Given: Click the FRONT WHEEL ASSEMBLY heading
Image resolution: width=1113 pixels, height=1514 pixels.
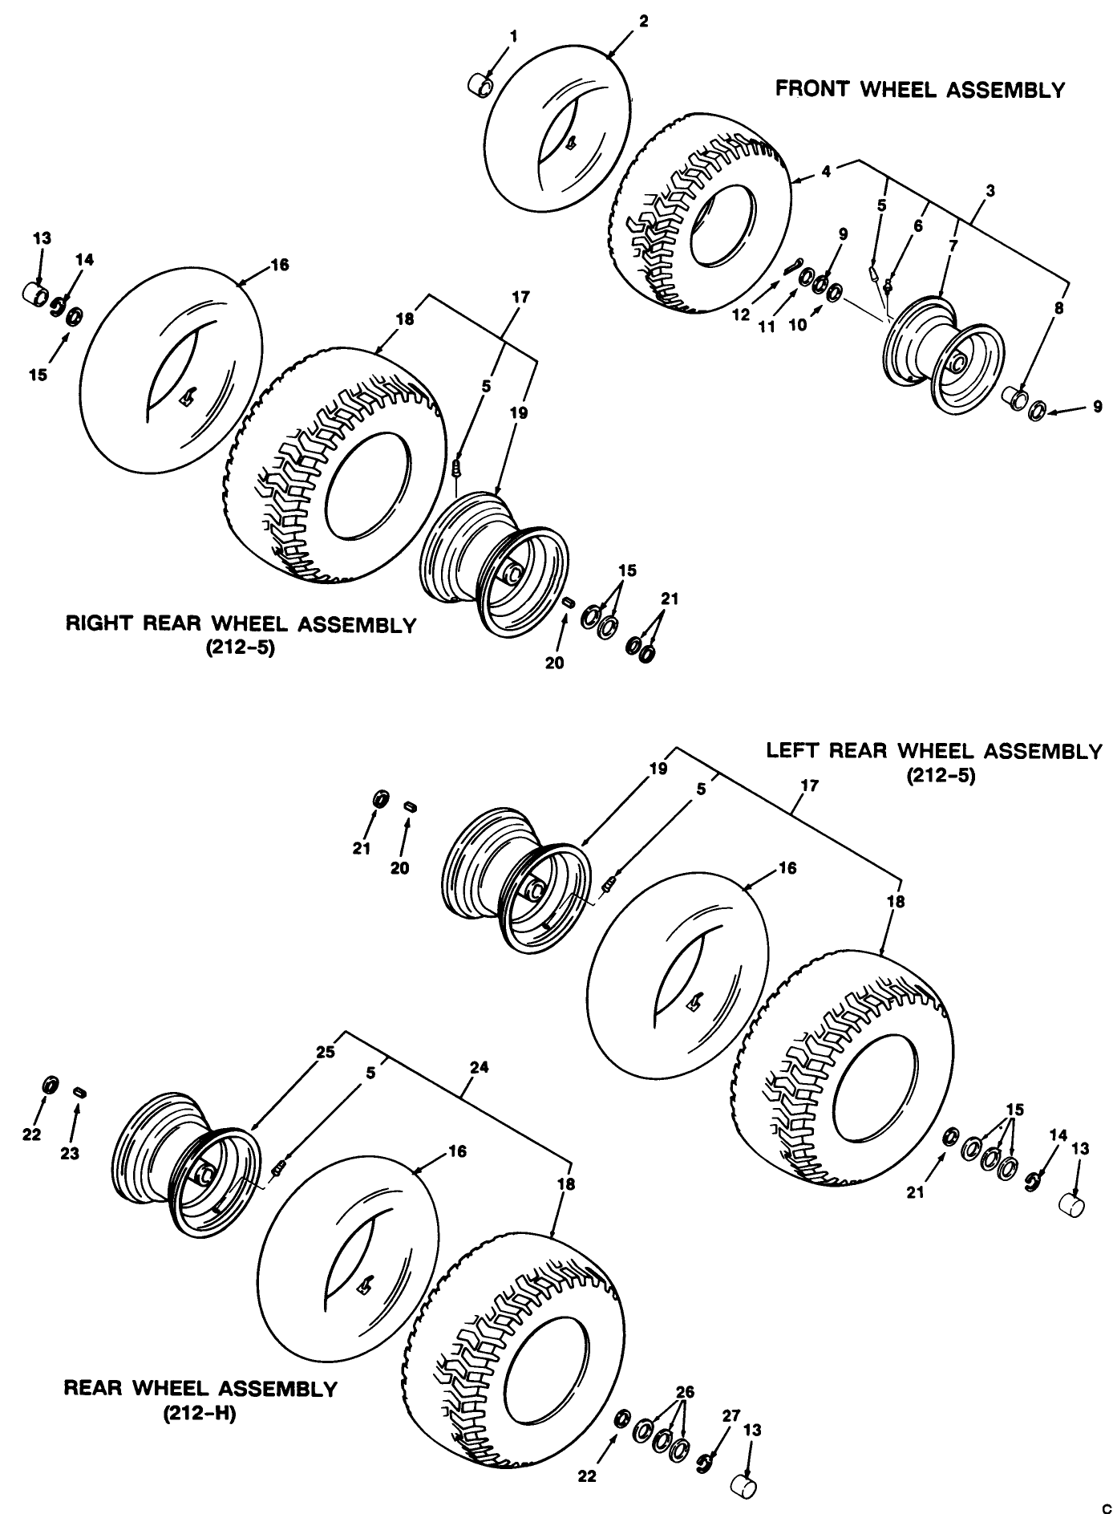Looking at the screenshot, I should (920, 90).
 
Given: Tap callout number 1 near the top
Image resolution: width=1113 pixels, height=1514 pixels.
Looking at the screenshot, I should (513, 36).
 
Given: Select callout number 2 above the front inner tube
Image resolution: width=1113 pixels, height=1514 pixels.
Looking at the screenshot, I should (644, 21).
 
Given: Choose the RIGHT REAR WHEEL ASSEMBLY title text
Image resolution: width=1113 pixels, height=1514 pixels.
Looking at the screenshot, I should (241, 625).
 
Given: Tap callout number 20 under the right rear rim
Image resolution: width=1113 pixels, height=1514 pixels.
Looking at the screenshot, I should (555, 663).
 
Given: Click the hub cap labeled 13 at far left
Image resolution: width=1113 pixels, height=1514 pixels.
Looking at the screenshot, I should (34, 291).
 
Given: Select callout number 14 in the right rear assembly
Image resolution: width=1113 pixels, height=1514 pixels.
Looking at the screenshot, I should (84, 259).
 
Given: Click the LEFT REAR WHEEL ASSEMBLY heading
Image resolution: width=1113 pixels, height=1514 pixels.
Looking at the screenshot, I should (934, 752).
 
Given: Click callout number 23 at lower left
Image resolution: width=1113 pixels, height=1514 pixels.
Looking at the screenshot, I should (70, 1154).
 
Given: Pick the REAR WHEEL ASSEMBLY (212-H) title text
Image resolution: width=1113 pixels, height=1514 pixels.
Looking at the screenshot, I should (200, 1388).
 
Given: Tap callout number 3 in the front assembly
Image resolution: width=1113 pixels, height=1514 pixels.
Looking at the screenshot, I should (990, 191).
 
